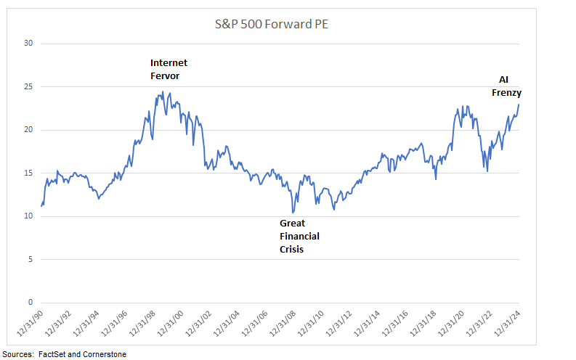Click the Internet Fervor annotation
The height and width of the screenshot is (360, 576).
169,69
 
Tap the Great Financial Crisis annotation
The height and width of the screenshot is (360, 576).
299,236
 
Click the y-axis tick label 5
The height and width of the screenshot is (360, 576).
31,259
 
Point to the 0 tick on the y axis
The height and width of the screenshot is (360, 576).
31,303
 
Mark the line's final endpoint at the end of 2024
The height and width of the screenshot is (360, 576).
519,105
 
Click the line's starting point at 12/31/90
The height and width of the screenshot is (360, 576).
41,206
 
